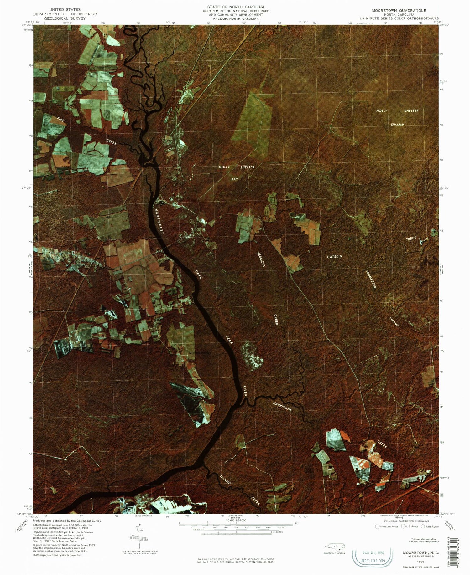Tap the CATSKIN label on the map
tap(335, 256)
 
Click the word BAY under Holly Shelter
tap(235, 179)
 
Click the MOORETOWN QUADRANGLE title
tap(399, 11)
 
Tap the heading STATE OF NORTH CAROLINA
tap(236, 7)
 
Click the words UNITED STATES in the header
tap(65, 10)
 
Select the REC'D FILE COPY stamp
tap(373, 561)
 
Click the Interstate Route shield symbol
tap(377, 526)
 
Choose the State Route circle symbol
tap(423, 526)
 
